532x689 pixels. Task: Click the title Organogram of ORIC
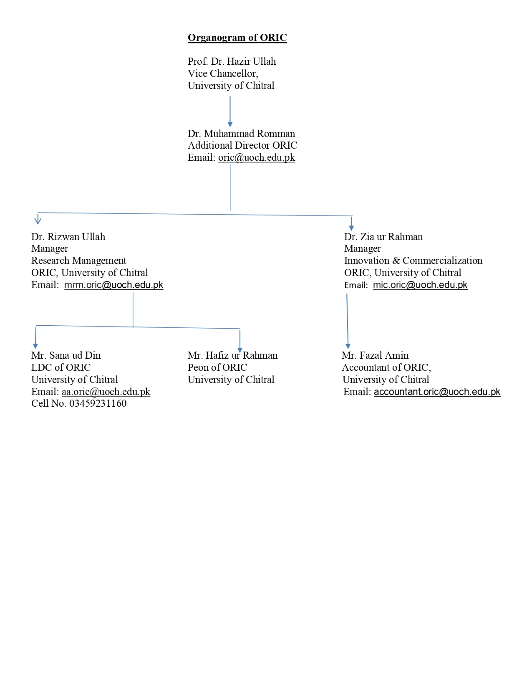coord(237,38)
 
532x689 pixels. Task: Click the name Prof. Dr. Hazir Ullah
coord(232,61)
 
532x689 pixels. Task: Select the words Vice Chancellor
coord(222,73)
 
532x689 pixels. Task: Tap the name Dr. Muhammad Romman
coord(241,134)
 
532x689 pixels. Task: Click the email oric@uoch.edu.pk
coord(257,157)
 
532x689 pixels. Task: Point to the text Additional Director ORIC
coord(242,146)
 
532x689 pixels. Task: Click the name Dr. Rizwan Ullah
coord(68,237)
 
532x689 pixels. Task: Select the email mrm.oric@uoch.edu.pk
coord(114,285)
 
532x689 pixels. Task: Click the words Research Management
coord(78,261)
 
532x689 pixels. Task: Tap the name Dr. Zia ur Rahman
coord(383,237)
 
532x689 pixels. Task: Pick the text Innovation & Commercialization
coord(413,261)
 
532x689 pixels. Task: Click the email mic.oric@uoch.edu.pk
coord(420,285)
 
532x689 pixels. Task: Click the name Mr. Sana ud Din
coord(66,355)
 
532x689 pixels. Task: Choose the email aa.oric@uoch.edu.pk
coord(106,392)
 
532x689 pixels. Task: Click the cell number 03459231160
coord(98,404)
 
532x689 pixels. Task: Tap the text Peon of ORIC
coord(217,367)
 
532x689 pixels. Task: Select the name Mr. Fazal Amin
coord(375,355)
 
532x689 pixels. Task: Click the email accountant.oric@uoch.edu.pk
coord(437,392)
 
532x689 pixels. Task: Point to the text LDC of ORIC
coord(61,367)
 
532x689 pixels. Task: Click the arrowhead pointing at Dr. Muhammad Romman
coord(230,124)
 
